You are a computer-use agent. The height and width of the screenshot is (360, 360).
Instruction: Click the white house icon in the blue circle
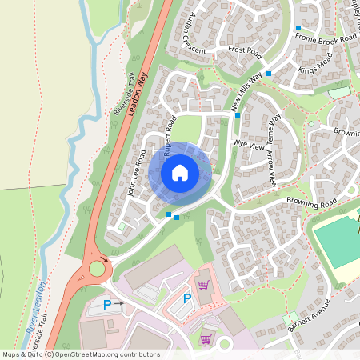[180, 172]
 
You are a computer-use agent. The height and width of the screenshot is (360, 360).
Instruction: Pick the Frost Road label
[245, 51]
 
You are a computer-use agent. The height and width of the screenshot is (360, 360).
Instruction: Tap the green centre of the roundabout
[98, 268]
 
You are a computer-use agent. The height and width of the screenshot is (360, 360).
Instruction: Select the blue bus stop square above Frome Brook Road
[298, 28]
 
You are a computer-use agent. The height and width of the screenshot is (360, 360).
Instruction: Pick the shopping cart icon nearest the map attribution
[205, 338]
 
